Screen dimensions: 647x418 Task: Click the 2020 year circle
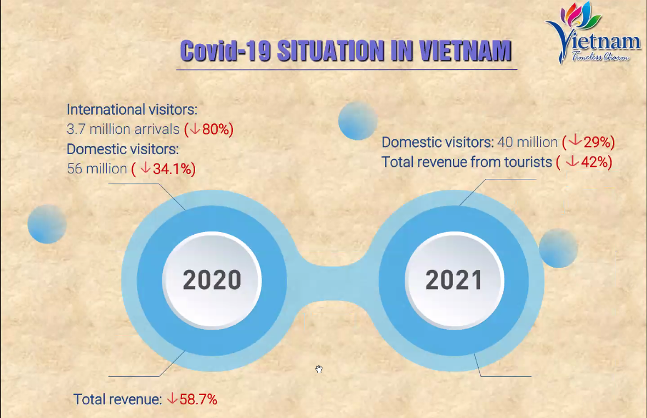[x=212, y=281]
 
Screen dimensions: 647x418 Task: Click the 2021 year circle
[x=454, y=281]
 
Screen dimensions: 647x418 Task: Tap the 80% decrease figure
[x=209, y=129]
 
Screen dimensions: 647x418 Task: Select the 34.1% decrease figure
[x=163, y=169]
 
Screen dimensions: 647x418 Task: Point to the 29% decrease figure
[x=588, y=142]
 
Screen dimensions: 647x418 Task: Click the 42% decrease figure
[x=584, y=162]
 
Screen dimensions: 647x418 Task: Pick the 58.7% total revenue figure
[x=192, y=399]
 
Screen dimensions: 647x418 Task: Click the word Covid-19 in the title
[x=226, y=51]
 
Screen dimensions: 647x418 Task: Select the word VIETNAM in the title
[x=465, y=51]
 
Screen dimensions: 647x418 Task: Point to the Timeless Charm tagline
[x=600, y=57]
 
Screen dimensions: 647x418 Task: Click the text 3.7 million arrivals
[x=123, y=129]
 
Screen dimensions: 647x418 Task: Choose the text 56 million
[x=97, y=169]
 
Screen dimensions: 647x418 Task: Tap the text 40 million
[x=527, y=142]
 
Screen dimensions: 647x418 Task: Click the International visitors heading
[x=132, y=109]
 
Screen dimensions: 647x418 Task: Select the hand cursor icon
[x=319, y=369]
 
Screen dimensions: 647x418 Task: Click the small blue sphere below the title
[x=357, y=121]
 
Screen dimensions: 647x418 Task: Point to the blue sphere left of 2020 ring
[x=47, y=224]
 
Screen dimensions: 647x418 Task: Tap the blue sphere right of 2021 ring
[x=558, y=248]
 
